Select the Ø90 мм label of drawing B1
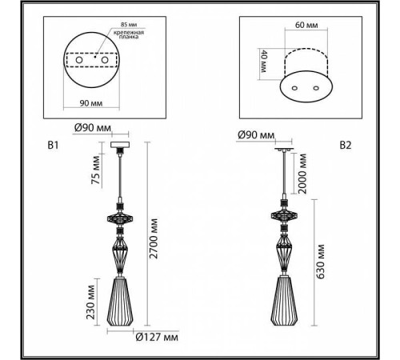tap(93, 128)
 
